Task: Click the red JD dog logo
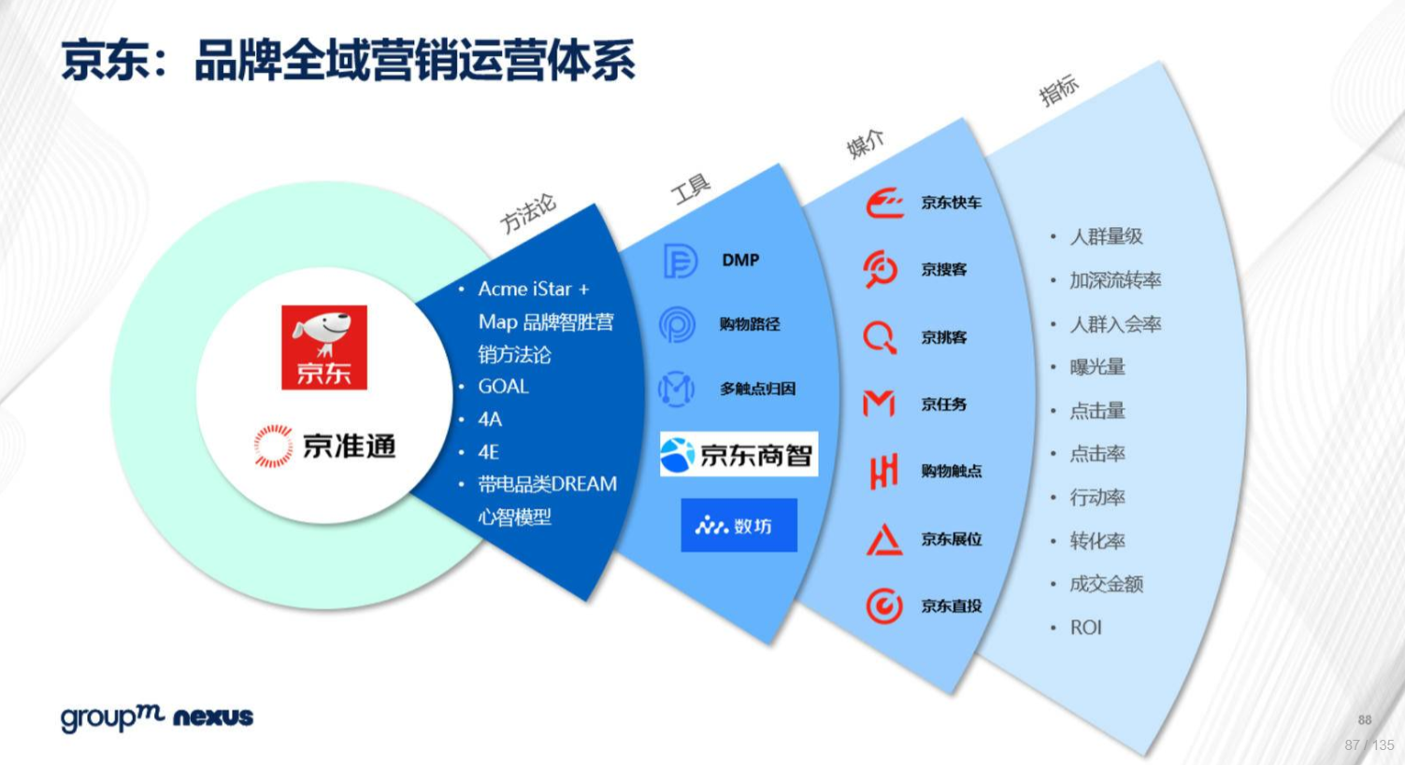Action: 324,347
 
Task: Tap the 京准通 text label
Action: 350,446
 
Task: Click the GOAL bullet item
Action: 504,387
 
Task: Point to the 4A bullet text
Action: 490,419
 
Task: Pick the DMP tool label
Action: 740,260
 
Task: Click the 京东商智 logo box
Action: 738,454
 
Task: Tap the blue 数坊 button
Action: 738,525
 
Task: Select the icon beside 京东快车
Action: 885,203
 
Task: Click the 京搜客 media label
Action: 944,269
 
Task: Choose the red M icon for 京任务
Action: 879,404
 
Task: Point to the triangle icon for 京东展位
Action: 884,540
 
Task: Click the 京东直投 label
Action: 952,606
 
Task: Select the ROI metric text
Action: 1085,627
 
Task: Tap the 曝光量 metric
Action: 1097,367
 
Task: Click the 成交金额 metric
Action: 1107,584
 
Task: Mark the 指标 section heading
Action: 1059,92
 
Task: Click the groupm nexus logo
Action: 157,718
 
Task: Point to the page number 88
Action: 1364,720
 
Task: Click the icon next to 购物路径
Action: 678,324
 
